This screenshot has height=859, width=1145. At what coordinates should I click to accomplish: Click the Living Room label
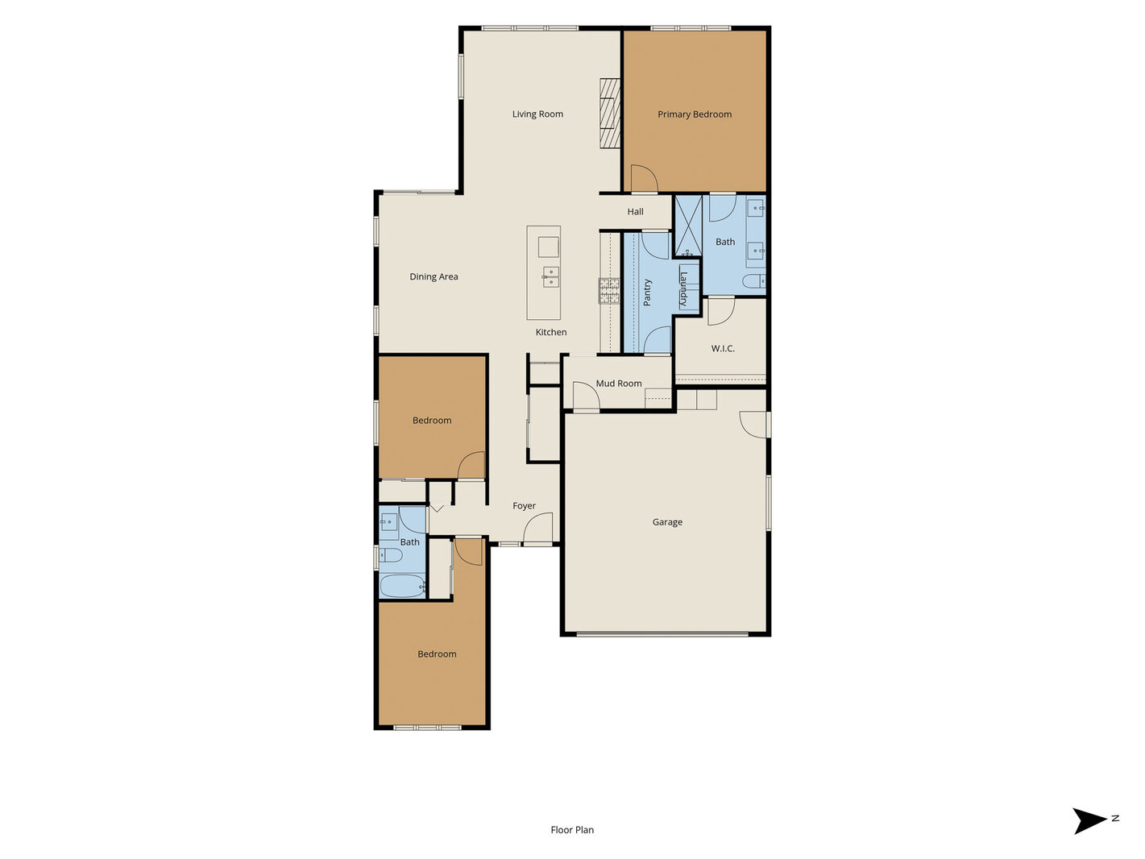click(x=537, y=114)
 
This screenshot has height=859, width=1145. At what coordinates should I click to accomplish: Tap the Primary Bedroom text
click(x=695, y=114)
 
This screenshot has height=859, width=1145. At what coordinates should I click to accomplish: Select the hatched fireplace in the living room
click(x=610, y=113)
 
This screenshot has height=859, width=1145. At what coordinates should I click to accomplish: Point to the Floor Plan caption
click(x=572, y=830)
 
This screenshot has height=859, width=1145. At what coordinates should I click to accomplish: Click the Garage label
click(x=667, y=522)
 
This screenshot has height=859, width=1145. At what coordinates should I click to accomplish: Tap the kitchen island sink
click(x=551, y=276)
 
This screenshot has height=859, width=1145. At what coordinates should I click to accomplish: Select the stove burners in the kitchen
click(x=608, y=291)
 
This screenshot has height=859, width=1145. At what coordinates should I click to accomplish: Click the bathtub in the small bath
click(x=401, y=586)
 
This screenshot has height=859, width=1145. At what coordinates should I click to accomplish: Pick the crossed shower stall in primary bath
click(x=689, y=226)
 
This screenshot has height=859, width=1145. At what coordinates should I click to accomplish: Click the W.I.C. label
click(x=723, y=348)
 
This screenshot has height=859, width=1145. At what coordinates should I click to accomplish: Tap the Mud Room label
click(x=619, y=384)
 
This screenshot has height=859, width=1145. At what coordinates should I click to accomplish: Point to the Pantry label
click(x=647, y=292)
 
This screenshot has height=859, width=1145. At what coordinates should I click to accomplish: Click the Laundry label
click(x=682, y=289)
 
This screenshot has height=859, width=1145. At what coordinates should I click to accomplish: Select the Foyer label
click(x=524, y=506)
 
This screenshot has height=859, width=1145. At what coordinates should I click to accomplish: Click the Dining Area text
click(x=434, y=277)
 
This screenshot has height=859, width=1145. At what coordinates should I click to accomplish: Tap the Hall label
click(x=635, y=212)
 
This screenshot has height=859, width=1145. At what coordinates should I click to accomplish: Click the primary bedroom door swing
click(x=645, y=178)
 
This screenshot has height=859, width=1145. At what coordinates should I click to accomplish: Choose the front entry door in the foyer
click(x=537, y=529)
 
